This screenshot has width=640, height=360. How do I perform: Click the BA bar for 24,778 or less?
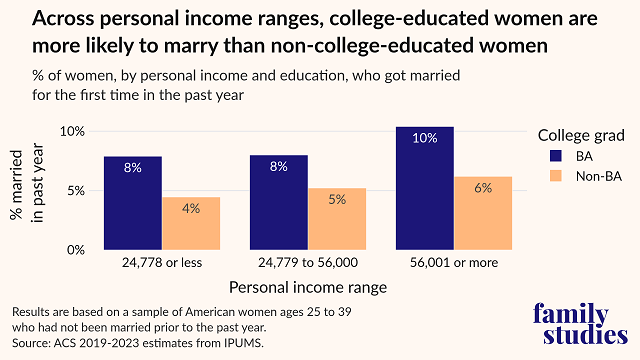coord(132,203)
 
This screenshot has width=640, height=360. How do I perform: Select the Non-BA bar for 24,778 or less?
coord(191,223)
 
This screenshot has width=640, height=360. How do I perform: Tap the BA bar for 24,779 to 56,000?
coord(278,202)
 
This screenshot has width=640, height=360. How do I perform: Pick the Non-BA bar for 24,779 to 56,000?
coord(337,219)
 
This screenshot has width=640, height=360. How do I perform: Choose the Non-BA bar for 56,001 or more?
coord(484,213)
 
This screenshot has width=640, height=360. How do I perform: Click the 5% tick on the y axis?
coord(87,191)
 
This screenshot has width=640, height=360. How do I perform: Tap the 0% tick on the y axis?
coord(87,250)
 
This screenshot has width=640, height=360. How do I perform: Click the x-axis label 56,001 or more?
coord(454,265)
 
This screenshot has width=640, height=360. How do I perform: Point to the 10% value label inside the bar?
coord(425,138)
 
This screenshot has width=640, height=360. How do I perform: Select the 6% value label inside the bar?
coord(484,187)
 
